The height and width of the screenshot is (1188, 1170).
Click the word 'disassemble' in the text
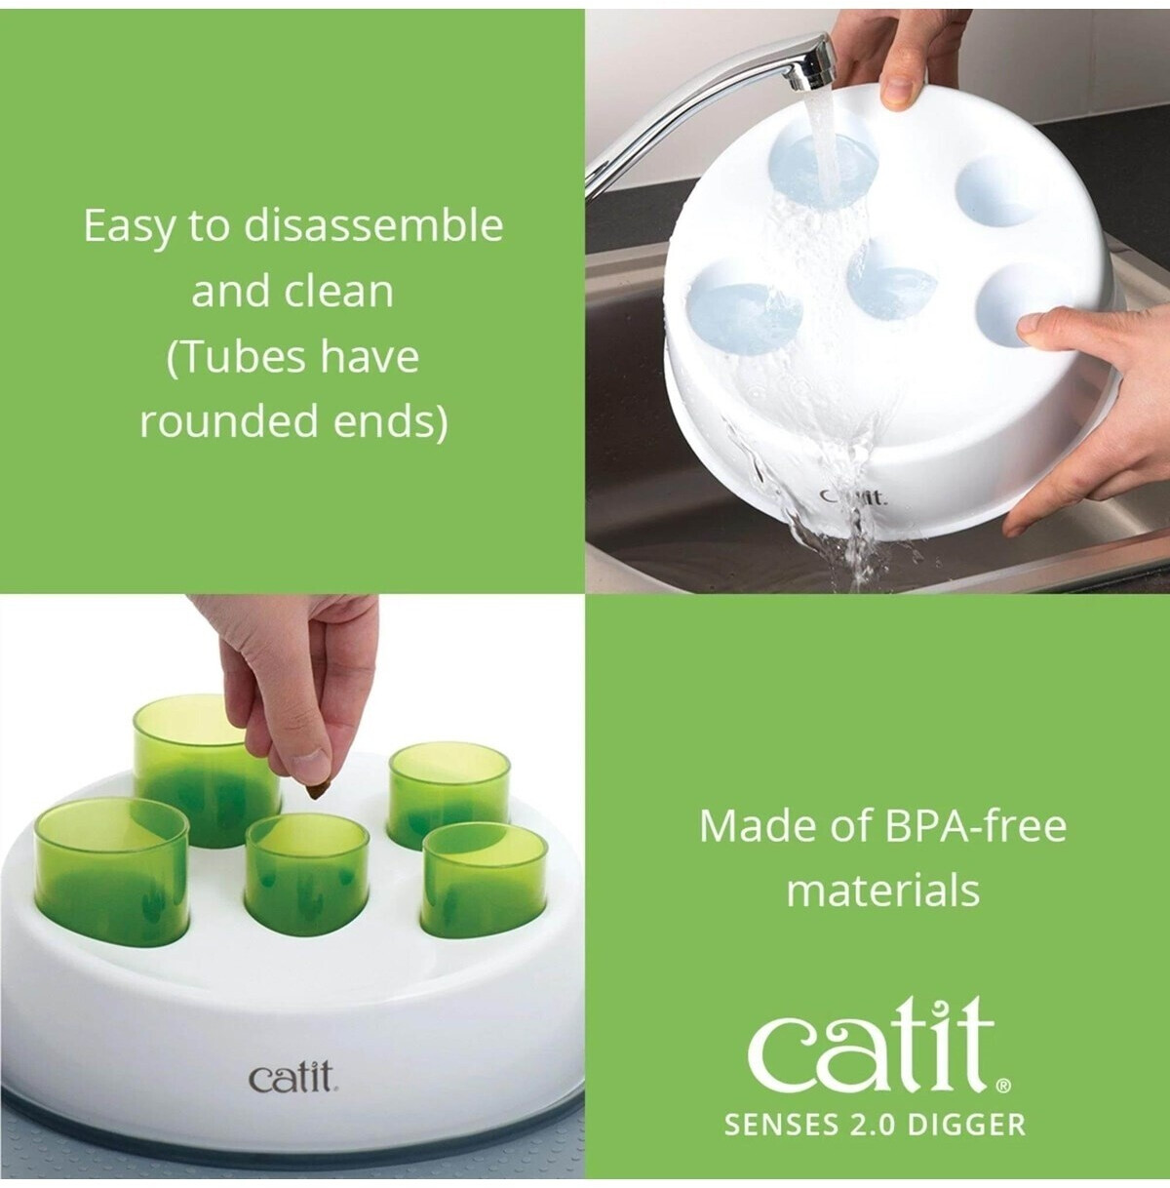373,225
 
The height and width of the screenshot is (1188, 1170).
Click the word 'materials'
882,891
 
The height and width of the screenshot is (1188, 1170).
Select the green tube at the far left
112,863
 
